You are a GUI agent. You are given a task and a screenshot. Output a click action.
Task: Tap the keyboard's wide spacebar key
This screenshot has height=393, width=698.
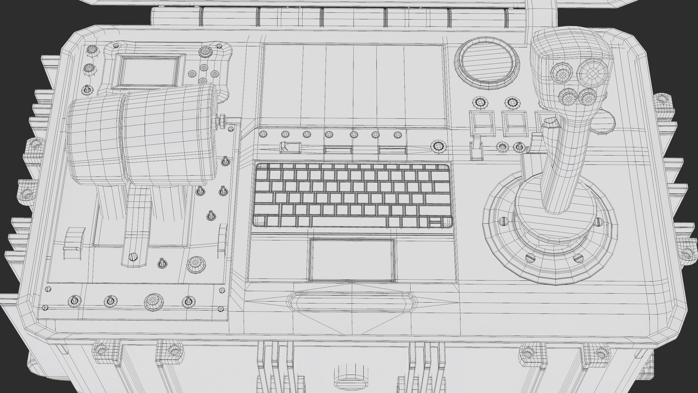349,222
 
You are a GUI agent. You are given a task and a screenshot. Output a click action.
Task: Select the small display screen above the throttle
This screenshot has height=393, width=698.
149,71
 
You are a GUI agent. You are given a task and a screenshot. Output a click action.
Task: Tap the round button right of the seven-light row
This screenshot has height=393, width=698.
437,147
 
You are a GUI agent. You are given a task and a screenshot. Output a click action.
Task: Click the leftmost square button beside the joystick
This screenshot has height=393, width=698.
481,123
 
